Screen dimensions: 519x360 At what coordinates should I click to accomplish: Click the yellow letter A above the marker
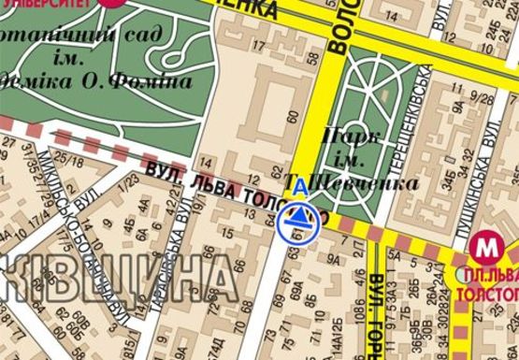[299, 188]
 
